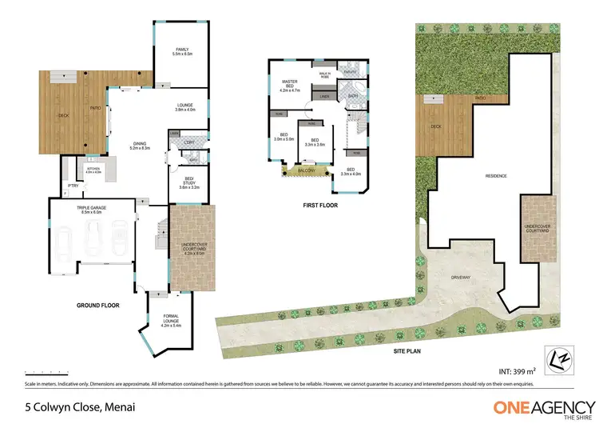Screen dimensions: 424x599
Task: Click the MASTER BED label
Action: pos(288,85)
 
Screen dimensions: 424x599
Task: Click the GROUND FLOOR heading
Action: pos(97,305)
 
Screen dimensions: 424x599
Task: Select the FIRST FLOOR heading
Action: pos(319,206)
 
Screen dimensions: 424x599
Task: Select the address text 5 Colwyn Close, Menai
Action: pos(65,407)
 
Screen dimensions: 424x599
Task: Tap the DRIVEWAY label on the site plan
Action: pos(461,278)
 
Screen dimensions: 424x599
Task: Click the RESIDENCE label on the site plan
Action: pos(498,175)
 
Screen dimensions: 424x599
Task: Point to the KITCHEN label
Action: pos(93,170)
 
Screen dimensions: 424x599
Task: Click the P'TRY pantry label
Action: pos(72,185)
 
